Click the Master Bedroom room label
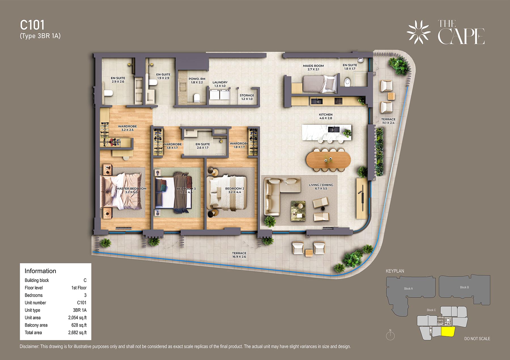point(131,190)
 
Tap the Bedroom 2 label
point(235,190)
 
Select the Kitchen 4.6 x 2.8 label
point(326,116)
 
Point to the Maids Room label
point(313,67)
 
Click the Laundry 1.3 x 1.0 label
point(220,84)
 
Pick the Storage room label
point(247,97)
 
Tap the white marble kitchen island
point(326,132)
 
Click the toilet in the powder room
point(197,98)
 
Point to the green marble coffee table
point(298,211)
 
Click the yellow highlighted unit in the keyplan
point(448,331)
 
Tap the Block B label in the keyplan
point(464,287)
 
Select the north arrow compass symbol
point(390,335)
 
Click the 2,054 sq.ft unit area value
point(77,318)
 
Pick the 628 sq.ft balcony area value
point(79,325)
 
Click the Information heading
point(40,271)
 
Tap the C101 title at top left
point(32,25)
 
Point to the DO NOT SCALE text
point(477,339)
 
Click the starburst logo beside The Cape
point(418,32)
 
